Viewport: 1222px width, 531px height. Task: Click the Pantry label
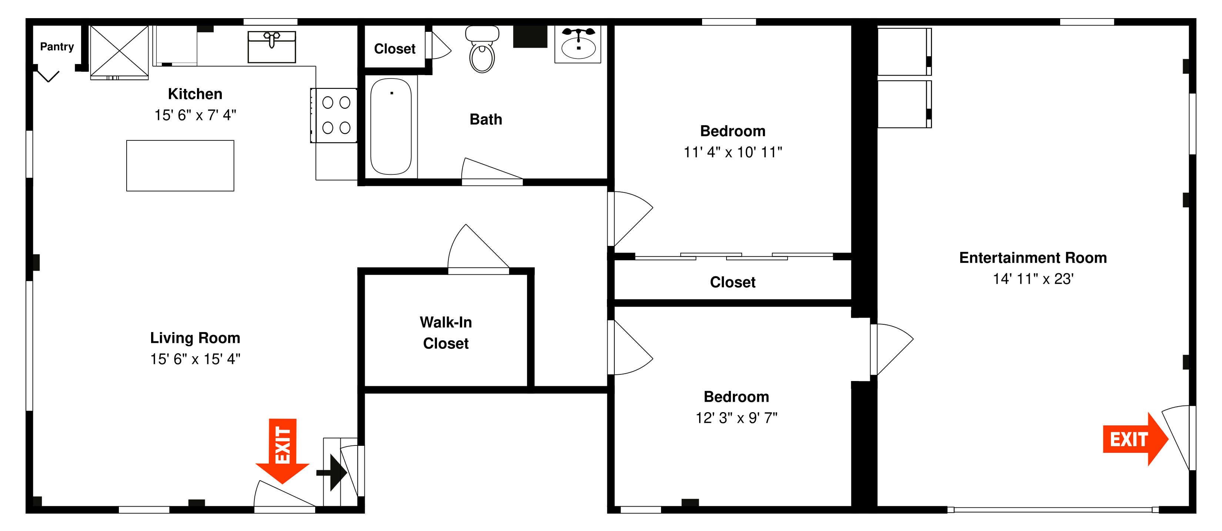pos(57,47)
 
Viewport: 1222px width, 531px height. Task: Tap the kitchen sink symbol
pos(272,47)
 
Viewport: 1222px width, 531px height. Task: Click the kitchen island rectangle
pos(180,166)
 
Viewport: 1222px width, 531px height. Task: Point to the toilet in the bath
pos(482,50)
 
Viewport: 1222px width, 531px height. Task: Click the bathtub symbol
pos(391,127)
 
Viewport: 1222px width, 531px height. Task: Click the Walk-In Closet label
pos(445,333)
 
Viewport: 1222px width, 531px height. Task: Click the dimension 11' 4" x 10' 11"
pos(732,152)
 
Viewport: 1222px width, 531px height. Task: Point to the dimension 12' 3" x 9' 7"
pos(736,418)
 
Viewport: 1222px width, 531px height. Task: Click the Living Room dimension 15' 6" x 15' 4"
pos(195,359)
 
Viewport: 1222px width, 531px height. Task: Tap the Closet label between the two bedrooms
pos(732,282)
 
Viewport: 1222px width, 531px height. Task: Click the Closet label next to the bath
pos(395,49)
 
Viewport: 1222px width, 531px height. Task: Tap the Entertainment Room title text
pos(1033,257)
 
